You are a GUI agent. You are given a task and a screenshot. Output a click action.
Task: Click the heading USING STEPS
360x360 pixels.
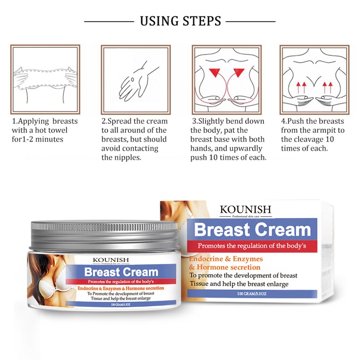pos(180,21)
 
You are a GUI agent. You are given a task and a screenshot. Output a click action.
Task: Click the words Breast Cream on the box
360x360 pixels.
pos(252,230)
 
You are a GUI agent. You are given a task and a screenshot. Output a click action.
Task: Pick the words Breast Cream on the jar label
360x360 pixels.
pos(121,272)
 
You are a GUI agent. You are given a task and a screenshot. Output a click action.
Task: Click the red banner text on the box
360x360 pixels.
pos(252,246)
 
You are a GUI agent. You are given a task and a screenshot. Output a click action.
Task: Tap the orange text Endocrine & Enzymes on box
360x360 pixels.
pos(226,259)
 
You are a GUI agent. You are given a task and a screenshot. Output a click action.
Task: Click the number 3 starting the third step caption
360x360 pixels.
pos(194,121)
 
